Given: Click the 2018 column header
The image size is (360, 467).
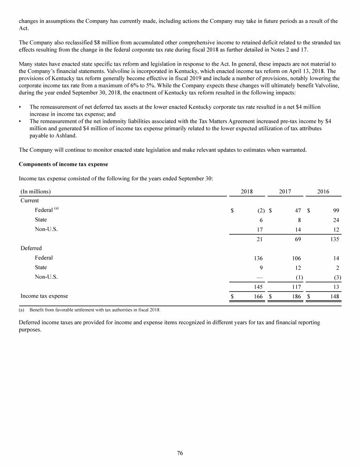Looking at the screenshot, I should click(x=247, y=192).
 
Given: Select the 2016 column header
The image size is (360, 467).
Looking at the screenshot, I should click(x=323, y=192).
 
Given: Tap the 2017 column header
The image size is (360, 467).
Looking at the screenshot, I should click(x=285, y=192).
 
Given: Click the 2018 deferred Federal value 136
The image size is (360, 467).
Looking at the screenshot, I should click(x=258, y=258).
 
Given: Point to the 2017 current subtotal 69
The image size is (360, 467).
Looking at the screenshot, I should click(x=297, y=239).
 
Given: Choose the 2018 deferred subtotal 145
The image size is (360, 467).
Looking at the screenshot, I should click(x=258, y=287).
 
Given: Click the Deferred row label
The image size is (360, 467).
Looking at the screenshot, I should click(x=31, y=248).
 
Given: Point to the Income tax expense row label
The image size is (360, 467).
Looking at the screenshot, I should click(x=44, y=296).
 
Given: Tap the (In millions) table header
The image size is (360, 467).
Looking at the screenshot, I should click(x=36, y=192).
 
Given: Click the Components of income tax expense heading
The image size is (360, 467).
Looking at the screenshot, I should click(x=63, y=164).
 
